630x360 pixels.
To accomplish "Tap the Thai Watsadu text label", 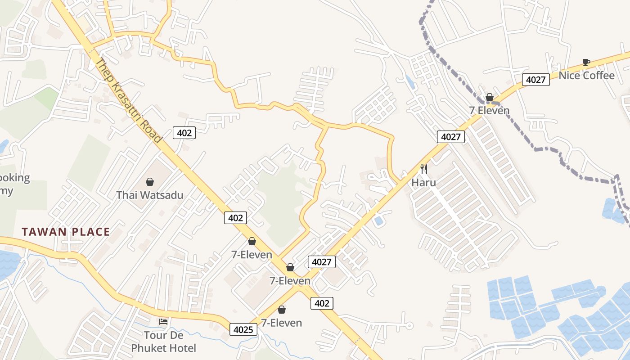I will click(x=150, y=195).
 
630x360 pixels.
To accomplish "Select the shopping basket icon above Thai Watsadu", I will click(x=150, y=182).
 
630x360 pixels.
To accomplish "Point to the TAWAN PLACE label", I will click(x=66, y=232).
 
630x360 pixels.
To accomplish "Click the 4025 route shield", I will click(x=243, y=329).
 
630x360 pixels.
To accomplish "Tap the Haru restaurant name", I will click(x=423, y=183).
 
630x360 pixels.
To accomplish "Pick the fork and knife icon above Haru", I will click(x=423, y=169).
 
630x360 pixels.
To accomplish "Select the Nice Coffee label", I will click(x=586, y=75).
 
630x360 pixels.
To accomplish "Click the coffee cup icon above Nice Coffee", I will click(x=586, y=62).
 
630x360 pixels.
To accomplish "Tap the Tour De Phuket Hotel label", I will click(x=163, y=342).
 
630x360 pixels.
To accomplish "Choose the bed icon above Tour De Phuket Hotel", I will click(x=163, y=321).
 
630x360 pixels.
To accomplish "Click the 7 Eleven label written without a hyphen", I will click(x=489, y=110).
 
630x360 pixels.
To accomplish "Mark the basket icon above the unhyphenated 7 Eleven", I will click(x=490, y=97).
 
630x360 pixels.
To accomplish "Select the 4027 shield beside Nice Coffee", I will click(x=535, y=80).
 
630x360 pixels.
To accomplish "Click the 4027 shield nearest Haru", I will click(x=450, y=137).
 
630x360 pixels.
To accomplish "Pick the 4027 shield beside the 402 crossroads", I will click(x=321, y=262).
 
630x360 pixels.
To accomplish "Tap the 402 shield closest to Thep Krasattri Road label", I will click(x=184, y=132).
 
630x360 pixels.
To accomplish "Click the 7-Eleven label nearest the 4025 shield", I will click(x=282, y=323).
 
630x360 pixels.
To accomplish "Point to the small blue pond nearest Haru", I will click(x=378, y=220).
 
